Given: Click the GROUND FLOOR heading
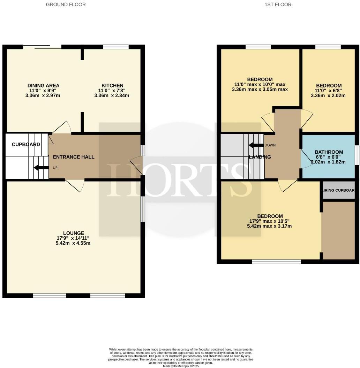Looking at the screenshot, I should pyautogui.click(x=66, y=5).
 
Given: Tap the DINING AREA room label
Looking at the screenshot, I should pyautogui.click(x=43, y=85).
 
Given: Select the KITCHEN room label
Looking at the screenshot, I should pyautogui.click(x=112, y=85).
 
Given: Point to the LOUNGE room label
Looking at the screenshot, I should pyautogui.click(x=74, y=233).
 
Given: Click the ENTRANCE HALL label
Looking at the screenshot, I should pyautogui.click(x=74, y=157).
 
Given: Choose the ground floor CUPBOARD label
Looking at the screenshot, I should pyautogui.click(x=26, y=144).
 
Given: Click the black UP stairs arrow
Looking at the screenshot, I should pyautogui.click(x=41, y=168).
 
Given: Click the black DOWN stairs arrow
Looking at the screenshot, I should pyautogui.click(x=256, y=145).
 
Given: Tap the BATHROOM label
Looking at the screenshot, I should pyautogui.click(x=329, y=152).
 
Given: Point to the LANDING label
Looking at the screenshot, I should pyautogui.click(x=260, y=157).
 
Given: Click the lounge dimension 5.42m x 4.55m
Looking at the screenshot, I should pyautogui.click(x=74, y=243).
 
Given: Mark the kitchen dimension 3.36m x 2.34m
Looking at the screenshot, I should pyautogui.click(x=112, y=95).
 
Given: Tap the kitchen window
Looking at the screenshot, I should pyautogui.click(x=116, y=47).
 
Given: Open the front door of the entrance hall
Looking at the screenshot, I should pyautogui.click(x=137, y=165).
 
